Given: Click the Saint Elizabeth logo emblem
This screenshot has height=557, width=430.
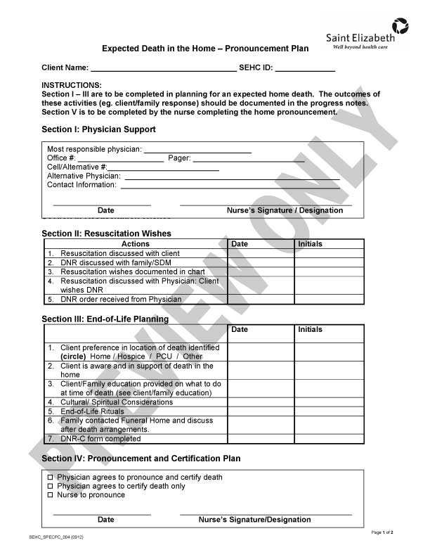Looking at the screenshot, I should pyautogui.click(x=400, y=27).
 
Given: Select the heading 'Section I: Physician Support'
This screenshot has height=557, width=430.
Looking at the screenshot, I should pyautogui.click(x=98, y=129).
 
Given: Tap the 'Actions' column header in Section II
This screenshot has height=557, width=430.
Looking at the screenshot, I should pyautogui.click(x=136, y=244).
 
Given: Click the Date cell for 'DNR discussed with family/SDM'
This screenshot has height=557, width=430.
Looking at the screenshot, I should pyautogui.click(x=261, y=262).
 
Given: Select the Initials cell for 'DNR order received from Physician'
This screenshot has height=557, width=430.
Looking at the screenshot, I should pyautogui.click(x=329, y=299).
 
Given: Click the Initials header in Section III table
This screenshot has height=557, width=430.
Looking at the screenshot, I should pyautogui.click(x=311, y=329).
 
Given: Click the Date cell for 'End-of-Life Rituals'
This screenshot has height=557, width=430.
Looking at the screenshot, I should pyautogui.click(x=261, y=411).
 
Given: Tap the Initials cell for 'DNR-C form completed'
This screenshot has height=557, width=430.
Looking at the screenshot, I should pyautogui.click(x=329, y=439).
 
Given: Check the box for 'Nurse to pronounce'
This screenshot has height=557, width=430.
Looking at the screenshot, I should pyautogui.click(x=50, y=495).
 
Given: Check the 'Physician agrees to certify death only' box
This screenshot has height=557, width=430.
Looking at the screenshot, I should pyautogui.click(x=50, y=486).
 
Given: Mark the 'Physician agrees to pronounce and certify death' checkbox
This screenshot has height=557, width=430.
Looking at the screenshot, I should pyautogui.click(x=50, y=478).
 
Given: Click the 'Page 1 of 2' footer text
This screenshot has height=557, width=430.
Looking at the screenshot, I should pyautogui.click(x=382, y=532).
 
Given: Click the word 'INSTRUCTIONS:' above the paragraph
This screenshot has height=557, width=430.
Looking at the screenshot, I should pyautogui.click(x=72, y=85).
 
